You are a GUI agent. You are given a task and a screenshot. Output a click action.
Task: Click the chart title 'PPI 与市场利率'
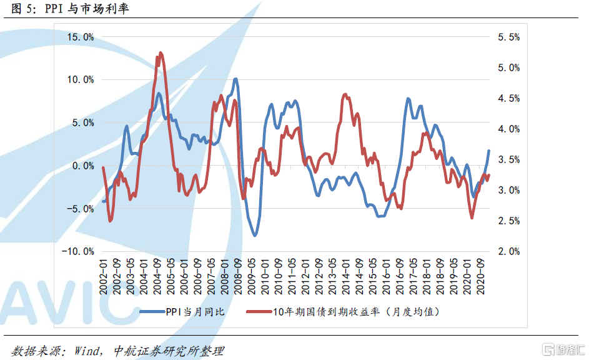click(87, 9)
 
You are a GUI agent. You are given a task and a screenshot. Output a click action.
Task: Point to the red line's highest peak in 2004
click(161, 53)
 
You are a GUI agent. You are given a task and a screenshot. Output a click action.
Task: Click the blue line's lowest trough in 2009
click(254, 235)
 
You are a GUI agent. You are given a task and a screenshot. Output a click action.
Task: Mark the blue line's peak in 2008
click(235, 79)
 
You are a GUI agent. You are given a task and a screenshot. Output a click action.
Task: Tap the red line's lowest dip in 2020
click(472, 217)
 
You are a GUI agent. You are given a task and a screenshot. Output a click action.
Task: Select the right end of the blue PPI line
click(488, 151)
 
